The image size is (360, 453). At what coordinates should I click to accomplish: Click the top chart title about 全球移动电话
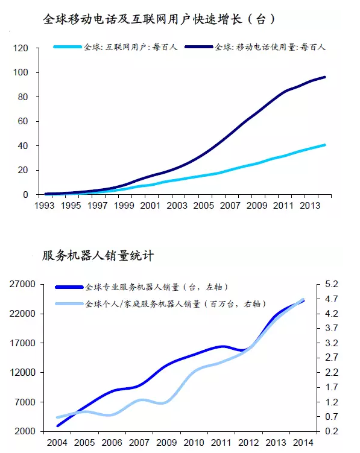pos(159,19)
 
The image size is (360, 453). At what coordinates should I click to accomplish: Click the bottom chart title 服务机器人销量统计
pos(98,256)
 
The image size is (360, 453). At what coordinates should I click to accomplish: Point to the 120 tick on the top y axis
pos(21,48)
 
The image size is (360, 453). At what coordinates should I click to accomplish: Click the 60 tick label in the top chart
pos(23,121)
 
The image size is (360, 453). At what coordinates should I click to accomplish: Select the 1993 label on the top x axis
pos(44,206)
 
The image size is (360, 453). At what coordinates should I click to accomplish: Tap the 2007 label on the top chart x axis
pos(230,206)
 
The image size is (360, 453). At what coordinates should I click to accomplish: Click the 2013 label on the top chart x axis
pos(310,206)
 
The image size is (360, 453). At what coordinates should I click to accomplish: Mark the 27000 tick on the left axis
pos(22,284)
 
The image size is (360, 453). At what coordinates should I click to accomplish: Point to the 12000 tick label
pos(22,372)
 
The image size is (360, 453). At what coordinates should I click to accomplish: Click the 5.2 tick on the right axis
pos(332,284)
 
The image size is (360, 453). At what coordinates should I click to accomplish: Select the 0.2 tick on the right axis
pos(332,431)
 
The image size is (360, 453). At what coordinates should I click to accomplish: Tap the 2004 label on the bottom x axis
pos(57,443)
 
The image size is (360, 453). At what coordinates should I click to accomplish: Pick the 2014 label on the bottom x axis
pos(303,443)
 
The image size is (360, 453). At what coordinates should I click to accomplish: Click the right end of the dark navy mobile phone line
pos(324,77)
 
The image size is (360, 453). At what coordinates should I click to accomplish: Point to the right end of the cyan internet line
pos(324,145)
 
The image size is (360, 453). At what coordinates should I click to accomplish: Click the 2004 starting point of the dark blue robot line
pos(58,425)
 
